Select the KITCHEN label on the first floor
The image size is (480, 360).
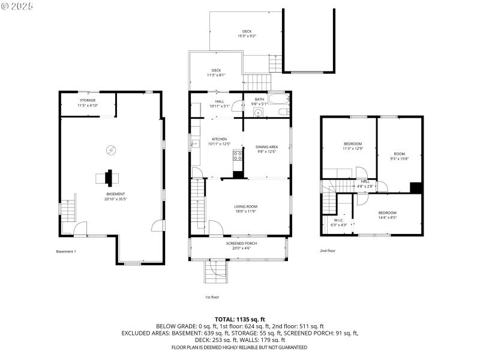coord(219,142)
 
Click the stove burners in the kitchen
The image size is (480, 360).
coord(238,156)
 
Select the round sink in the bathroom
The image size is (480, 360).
coord(258,112)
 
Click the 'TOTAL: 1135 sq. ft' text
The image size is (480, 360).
coord(239,319)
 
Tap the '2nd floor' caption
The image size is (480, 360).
coord(328,251)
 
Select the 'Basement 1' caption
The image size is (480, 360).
coord(66,251)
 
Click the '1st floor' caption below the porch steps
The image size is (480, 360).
coord(212,296)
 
